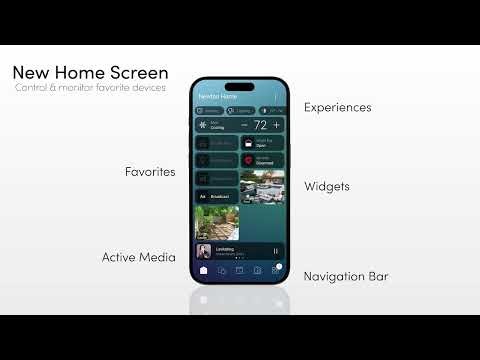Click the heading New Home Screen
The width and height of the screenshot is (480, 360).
pos(90,73)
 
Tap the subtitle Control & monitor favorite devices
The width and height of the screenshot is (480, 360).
pos(90,88)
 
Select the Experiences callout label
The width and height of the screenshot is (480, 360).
pos(337,107)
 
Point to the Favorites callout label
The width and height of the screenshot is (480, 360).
pos(150,172)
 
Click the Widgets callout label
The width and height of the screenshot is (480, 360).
pos(327,186)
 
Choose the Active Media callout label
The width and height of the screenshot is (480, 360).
pos(138,257)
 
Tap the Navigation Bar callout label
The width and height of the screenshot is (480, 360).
pos(345,276)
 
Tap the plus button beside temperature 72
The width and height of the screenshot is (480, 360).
pos(276,125)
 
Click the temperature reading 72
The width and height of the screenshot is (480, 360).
pos(260,125)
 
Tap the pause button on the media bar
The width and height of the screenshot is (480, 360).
pos(276,251)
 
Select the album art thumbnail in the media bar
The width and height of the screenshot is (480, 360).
pos(204,251)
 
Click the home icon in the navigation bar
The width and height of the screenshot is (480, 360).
pos(204,270)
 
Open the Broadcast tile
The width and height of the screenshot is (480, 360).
pos(217,197)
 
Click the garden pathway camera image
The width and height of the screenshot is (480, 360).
pos(217,223)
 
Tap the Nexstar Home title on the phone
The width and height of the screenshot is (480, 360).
pos(217,95)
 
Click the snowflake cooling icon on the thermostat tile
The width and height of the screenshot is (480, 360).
pos(204,125)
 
